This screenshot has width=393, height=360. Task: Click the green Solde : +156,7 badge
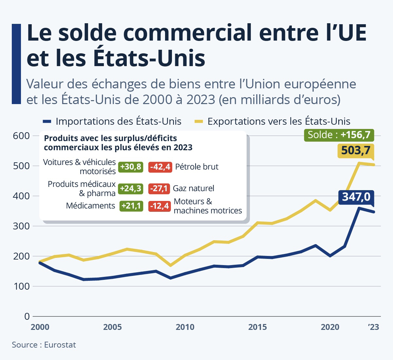(x=339, y=135)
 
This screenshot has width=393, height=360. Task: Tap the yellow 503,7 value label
(x=356, y=151)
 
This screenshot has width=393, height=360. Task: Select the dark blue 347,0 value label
(x=356, y=197)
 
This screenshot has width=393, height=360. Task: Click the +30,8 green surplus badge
(x=131, y=167)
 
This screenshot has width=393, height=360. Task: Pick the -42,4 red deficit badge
(x=160, y=167)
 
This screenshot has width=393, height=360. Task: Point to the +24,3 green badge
(x=131, y=189)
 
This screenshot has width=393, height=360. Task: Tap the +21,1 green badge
(x=131, y=206)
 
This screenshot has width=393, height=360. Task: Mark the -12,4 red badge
(x=159, y=206)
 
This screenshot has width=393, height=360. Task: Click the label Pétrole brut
(x=196, y=167)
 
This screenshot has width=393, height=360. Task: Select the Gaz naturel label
(x=194, y=189)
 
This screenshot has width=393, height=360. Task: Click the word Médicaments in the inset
(x=90, y=206)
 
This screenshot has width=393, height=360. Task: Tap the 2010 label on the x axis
(x=185, y=327)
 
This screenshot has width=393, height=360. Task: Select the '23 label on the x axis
(x=373, y=327)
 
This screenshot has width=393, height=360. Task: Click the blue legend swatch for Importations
(x=47, y=122)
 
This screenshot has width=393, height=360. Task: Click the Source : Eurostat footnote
(x=44, y=345)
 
